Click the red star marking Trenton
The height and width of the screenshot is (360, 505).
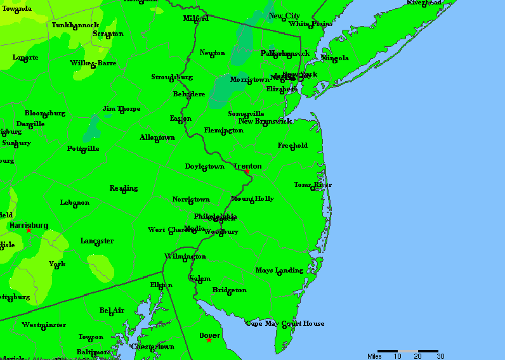click(x=247, y=172)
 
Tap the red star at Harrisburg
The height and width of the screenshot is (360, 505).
click(x=29, y=230)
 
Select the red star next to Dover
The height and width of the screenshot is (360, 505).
click(x=209, y=340)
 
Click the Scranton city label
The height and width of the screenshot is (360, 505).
click(x=108, y=34)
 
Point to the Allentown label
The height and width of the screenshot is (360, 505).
click(x=157, y=138)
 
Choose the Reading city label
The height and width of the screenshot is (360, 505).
click(x=123, y=188)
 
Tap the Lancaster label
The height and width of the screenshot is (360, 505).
click(x=96, y=241)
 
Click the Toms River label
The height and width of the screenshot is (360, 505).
click(x=313, y=185)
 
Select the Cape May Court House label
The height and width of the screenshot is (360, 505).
click(x=285, y=323)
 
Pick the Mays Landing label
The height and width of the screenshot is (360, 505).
click(x=279, y=270)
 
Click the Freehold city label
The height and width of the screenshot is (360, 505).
click(x=292, y=146)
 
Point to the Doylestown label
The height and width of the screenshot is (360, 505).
click(x=204, y=167)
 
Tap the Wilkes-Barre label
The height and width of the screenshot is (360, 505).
click(x=93, y=63)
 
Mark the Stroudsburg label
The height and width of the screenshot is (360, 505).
click(x=171, y=77)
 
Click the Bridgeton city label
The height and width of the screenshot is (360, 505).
click(x=229, y=290)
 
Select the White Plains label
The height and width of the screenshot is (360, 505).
click(x=310, y=24)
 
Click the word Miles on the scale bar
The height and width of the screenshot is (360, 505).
click(x=375, y=356)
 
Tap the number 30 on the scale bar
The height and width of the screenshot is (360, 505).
click(x=440, y=356)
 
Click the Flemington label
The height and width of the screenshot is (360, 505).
click(x=223, y=131)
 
